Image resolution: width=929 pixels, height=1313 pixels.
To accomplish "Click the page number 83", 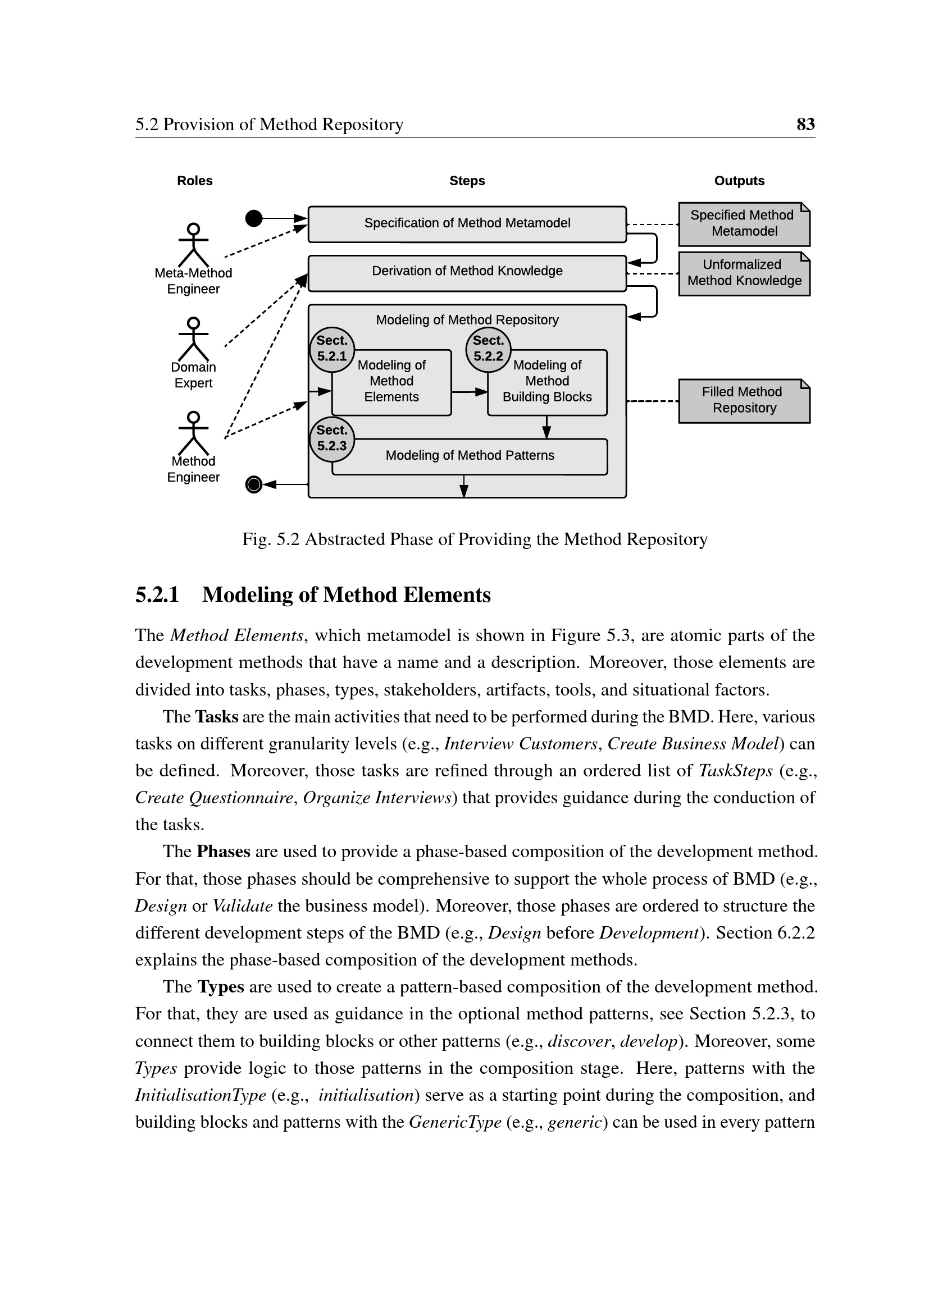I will click(x=805, y=124).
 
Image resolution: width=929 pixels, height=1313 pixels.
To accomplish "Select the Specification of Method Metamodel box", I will click(x=467, y=223).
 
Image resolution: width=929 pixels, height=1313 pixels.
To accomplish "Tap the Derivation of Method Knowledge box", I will click(x=467, y=272).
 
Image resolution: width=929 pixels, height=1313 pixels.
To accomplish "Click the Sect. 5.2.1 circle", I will click(x=332, y=349).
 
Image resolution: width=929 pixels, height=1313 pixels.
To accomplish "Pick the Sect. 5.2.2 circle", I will click(x=488, y=349).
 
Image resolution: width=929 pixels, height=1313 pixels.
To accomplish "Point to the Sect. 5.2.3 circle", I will click(x=332, y=438).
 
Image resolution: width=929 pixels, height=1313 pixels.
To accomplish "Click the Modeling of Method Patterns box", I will click(x=470, y=456).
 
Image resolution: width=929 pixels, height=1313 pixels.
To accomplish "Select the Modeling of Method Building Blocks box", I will click(x=547, y=382).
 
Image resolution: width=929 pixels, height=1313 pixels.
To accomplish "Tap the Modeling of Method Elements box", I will click(x=391, y=382).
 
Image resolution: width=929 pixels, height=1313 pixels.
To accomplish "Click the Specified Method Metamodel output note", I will click(x=744, y=223).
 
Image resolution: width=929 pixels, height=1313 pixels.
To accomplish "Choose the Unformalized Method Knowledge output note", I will click(x=744, y=273).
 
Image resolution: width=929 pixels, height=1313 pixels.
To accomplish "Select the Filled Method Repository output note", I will click(x=744, y=400).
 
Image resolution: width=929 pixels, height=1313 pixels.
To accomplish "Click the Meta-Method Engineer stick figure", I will click(x=193, y=245).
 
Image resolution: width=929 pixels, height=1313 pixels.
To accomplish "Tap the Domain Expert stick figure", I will click(x=193, y=339).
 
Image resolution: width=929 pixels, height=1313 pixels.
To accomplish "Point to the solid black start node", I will click(x=253, y=218).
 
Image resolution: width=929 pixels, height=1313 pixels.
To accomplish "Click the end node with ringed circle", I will click(x=253, y=484).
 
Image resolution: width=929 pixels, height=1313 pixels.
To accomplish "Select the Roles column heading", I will click(x=194, y=181).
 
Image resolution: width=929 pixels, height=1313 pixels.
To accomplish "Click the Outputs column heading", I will click(x=739, y=181).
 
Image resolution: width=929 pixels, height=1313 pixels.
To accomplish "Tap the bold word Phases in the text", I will click(x=223, y=852).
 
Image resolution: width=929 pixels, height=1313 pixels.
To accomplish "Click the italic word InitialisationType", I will click(x=200, y=1095).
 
